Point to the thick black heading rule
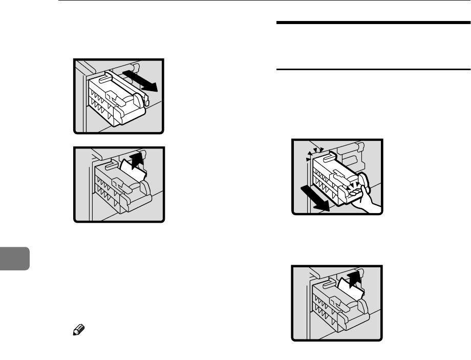[x=373, y=23]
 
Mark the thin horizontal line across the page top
[x=256, y=1]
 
